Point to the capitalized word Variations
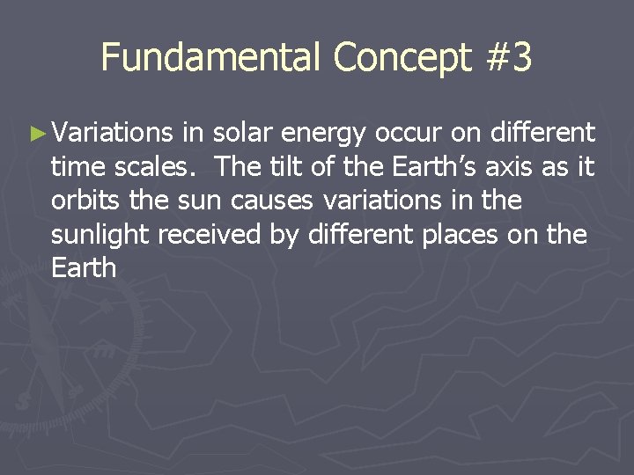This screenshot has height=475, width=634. click(113, 133)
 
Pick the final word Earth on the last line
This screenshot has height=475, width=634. click(84, 268)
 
